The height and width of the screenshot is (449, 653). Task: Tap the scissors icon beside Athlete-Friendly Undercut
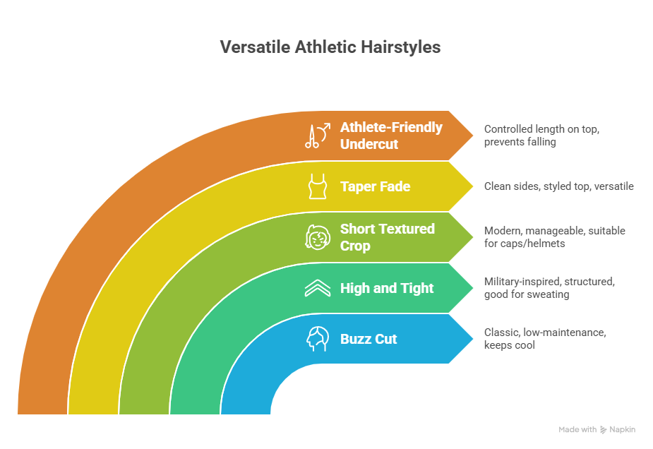coord(317,136)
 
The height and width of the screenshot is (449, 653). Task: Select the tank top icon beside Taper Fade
coord(317,186)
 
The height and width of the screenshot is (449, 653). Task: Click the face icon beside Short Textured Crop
coord(317,237)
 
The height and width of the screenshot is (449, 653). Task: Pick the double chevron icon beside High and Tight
coord(317,288)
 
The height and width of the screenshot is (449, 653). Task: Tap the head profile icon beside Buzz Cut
coord(317,339)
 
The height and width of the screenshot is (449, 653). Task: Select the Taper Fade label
coord(375,186)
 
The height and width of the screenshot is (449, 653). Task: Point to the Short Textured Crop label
coord(387,237)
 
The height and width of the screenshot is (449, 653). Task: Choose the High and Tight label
coord(387,288)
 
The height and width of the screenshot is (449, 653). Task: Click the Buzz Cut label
coord(369,339)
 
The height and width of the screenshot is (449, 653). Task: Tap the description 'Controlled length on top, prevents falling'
coord(541,136)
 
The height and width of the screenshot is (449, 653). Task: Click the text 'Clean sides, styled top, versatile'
coord(558,186)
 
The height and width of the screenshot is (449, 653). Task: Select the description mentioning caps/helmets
coord(554,237)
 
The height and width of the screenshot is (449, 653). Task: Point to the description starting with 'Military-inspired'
coord(549,288)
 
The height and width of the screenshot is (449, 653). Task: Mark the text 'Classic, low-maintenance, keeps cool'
coord(545,339)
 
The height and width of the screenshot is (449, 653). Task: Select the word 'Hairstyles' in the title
coord(400,47)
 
